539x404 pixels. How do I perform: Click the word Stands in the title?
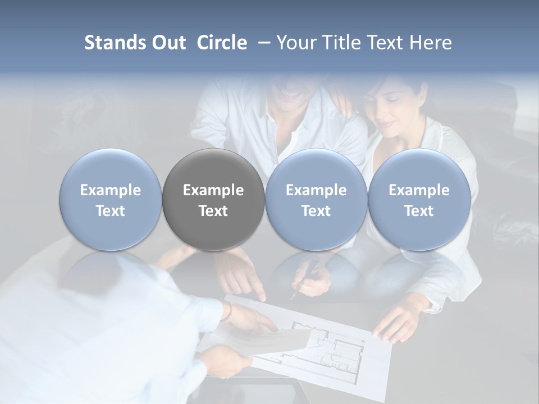(116, 43)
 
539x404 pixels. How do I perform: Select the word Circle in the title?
(222, 43)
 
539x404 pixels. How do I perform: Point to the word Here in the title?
(430, 43)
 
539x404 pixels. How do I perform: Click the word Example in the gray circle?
(213, 191)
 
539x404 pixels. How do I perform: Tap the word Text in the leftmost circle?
(110, 211)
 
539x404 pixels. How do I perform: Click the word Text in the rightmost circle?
(419, 211)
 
